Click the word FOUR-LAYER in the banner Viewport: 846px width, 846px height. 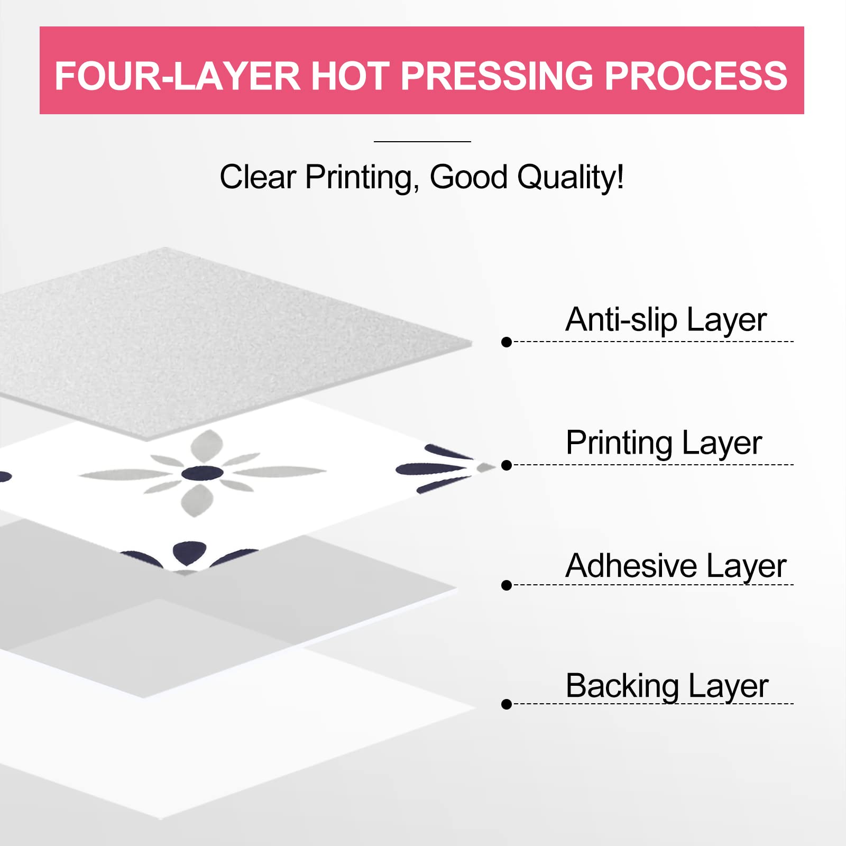(x=178, y=76)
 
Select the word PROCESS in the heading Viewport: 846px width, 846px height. (x=696, y=76)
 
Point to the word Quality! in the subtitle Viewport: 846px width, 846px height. (x=571, y=177)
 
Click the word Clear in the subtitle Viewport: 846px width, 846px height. (x=258, y=177)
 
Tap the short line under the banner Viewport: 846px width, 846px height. (x=422, y=142)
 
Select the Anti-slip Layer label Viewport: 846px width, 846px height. (x=666, y=320)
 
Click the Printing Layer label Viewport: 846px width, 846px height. (x=664, y=443)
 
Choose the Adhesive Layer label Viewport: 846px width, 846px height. (x=676, y=566)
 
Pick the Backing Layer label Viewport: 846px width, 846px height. (x=667, y=686)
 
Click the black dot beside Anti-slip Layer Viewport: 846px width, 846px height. (x=507, y=342)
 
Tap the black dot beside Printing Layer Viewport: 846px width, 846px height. (x=507, y=465)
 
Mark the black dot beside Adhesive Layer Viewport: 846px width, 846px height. (x=507, y=585)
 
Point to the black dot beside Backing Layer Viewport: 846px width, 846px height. (x=507, y=704)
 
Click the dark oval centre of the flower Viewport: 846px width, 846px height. (x=202, y=473)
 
